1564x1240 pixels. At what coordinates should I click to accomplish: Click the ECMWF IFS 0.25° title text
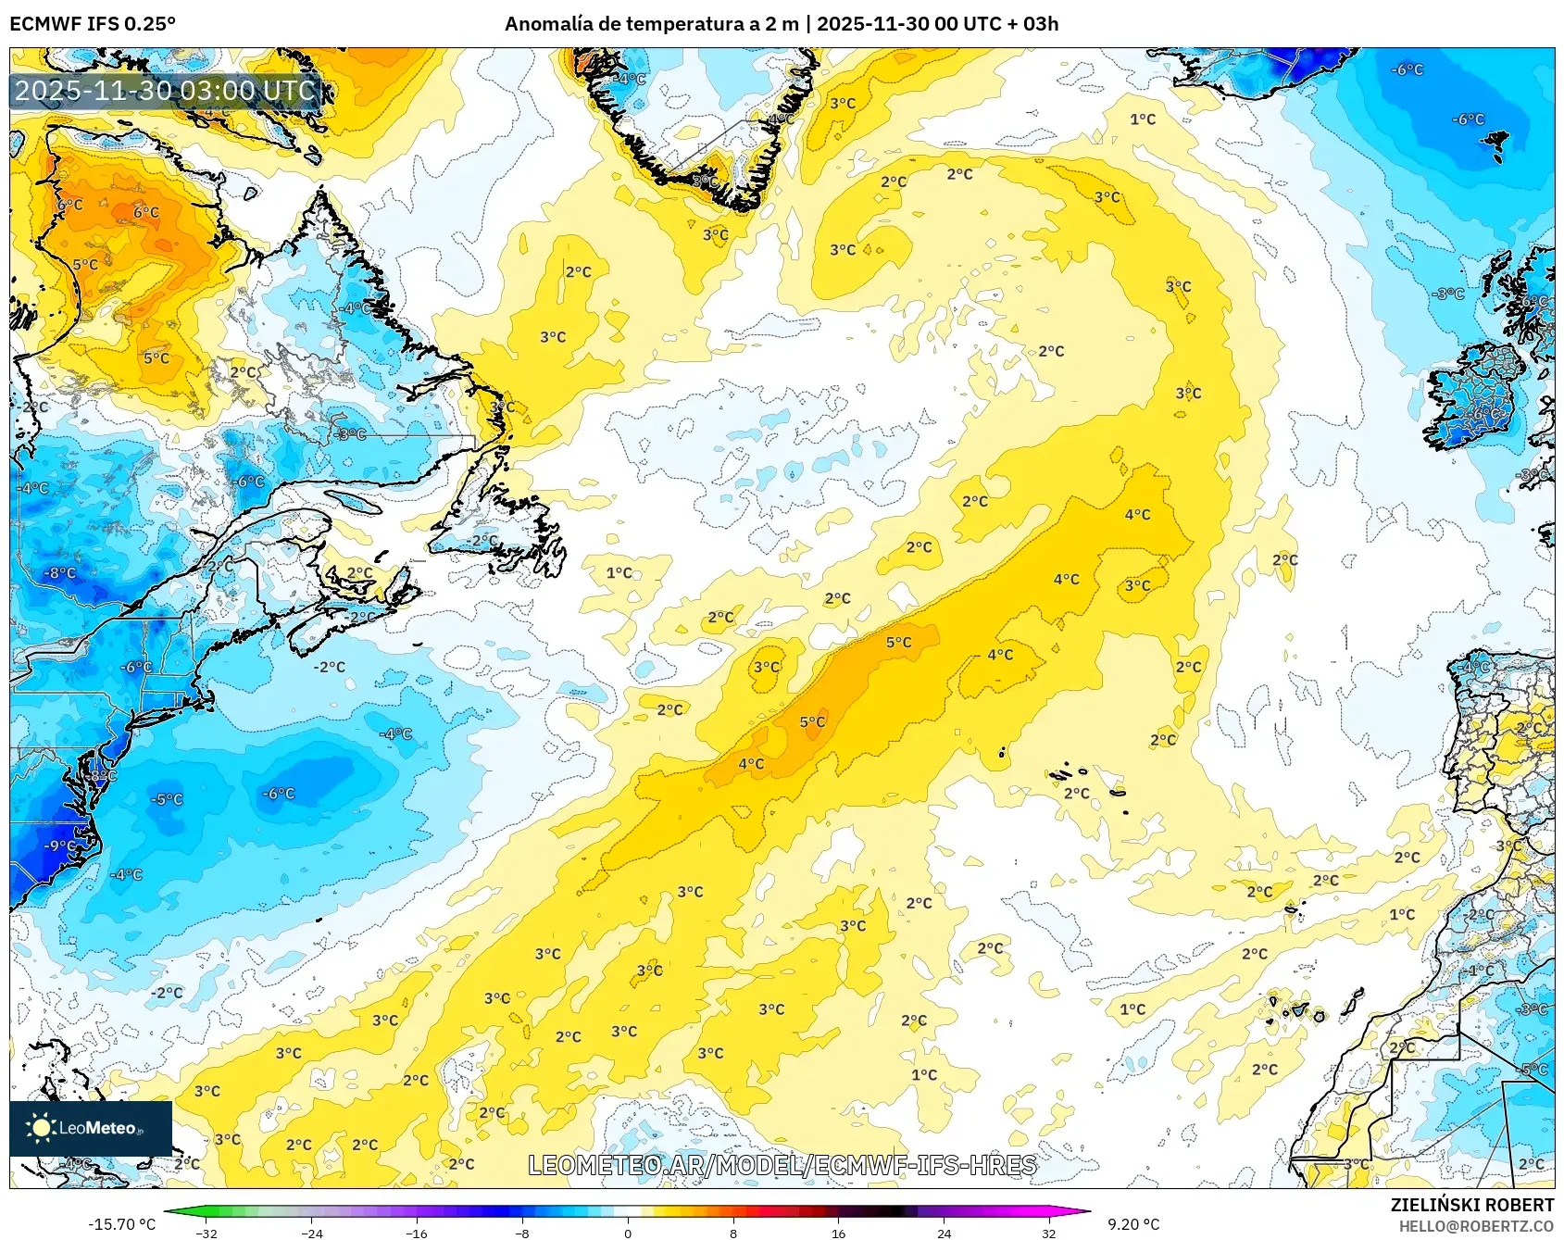click(x=93, y=24)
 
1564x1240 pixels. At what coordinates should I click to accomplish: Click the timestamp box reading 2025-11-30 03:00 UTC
click(x=165, y=91)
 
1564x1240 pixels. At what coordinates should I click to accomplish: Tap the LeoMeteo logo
click(x=91, y=1127)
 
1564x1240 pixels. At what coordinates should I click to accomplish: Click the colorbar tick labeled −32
click(x=207, y=1233)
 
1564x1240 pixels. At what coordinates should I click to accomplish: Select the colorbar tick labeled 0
click(x=628, y=1233)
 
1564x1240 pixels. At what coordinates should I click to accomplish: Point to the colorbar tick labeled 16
click(x=838, y=1233)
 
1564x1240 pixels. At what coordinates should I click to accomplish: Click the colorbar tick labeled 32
click(x=1048, y=1233)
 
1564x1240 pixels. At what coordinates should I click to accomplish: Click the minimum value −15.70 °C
click(x=121, y=1224)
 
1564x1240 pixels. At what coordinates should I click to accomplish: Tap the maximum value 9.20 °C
click(x=1133, y=1224)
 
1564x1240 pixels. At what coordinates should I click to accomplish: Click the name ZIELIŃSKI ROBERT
click(x=1471, y=1205)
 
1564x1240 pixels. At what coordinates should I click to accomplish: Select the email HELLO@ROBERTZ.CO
click(x=1475, y=1226)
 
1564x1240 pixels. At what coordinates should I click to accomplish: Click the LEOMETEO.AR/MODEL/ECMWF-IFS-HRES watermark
click(x=782, y=1165)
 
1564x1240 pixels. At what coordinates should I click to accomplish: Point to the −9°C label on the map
click(x=60, y=845)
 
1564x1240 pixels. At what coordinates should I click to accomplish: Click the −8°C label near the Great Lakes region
click(x=60, y=573)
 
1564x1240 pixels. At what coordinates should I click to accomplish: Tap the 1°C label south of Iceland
click(x=1143, y=119)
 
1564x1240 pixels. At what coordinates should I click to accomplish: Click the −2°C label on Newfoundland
click(x=482, y=540)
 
